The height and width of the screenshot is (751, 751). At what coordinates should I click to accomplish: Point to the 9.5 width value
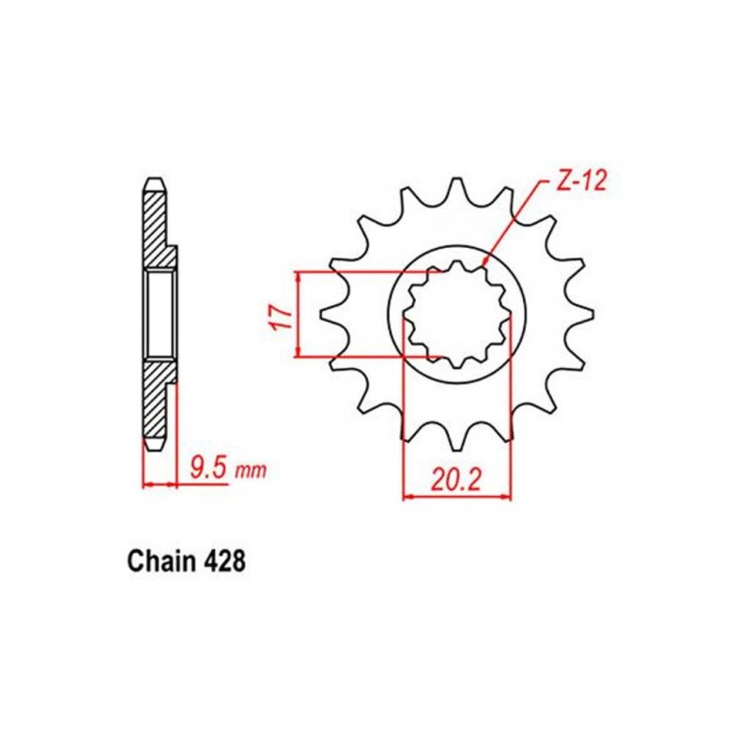pos(207,465)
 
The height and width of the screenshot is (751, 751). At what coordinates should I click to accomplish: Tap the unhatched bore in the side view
pos(159,314)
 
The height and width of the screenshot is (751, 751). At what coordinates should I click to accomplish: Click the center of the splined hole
pos(457,314)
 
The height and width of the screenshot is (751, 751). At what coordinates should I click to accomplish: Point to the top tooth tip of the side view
pos(153,179)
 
